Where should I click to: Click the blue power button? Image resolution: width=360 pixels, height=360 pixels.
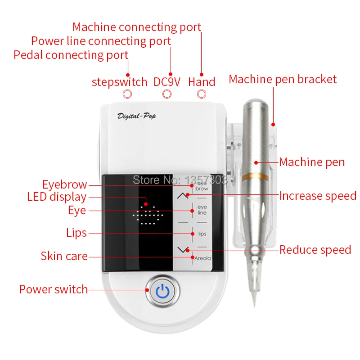pyautogui.click(x=162, y=291)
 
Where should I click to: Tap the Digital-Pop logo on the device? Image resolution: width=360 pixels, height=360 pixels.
pyautogui.click(x=137, y=116)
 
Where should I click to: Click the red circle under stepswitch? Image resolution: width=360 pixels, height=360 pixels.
pyautogui.click(x=127, y=94)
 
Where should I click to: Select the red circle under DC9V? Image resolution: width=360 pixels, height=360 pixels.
pyautogui.click(x=167, y=94)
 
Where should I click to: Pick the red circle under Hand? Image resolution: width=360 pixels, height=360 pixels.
pyautogui.click(x=202, y=94)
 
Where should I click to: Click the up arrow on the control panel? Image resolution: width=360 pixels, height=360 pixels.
pyautogui.click(x=183, y=196)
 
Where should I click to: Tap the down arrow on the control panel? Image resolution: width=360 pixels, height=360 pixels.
pyautogui.click(x=183, y=250)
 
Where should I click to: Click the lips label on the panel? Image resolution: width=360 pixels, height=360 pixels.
pyautogui.click(x=202, y=234)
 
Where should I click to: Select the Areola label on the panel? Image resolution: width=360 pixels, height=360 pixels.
pyautogui.click(x=202, y=258)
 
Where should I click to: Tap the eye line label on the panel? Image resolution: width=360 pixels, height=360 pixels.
pyautogui.click(x=202, y=210)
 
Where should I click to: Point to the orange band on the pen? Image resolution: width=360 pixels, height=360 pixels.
pyautogui.click(x=255, y=176)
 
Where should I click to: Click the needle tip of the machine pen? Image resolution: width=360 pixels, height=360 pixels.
pyautogui.click(x=254, y=306)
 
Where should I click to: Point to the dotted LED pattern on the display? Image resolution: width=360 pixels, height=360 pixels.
pyautogui.click(x=148, y=215)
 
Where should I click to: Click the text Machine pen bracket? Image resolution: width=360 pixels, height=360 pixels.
pyautogui.click(x=283, y=79)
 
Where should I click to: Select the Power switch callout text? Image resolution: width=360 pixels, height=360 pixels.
pyautogui.click(x=54, y=289)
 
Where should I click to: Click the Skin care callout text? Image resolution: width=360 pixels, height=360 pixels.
pyautogui.click(x=64, y=256)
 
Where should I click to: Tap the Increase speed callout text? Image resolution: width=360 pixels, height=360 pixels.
pyautogui.click(x=318, y=196)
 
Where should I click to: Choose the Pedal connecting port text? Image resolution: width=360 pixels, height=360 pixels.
pyautogui.click(x=71, y=55)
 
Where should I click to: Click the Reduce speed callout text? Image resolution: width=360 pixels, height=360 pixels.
pyautogui.click(x=315, y=250)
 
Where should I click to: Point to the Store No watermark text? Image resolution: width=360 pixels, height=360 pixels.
pyautogui.click(x=180, y=180)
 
